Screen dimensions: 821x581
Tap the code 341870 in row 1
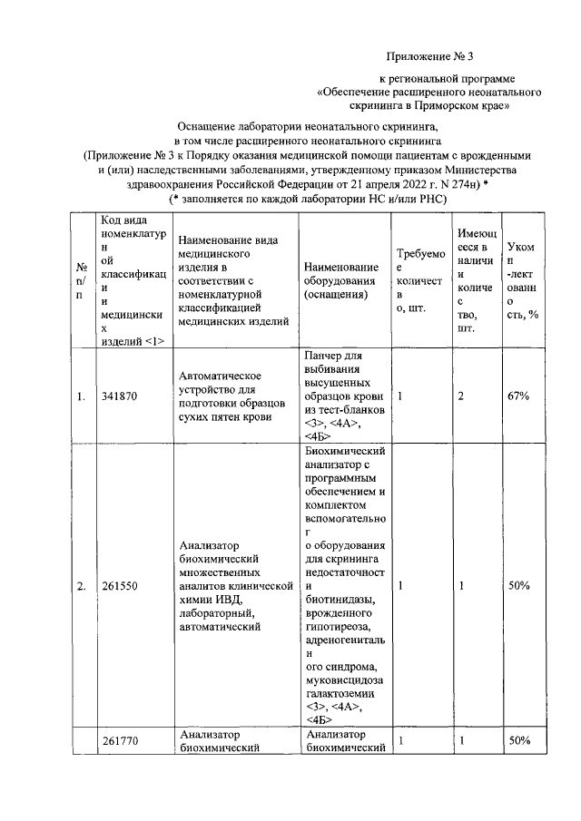point(121,396)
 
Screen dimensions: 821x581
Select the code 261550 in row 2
point(121,586)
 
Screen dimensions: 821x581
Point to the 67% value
point(519,396)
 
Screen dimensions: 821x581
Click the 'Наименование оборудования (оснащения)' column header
point(341,280)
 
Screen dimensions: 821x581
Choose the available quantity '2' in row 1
point(461,396)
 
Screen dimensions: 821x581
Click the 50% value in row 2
point(519,586)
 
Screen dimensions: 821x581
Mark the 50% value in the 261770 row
point(519,741)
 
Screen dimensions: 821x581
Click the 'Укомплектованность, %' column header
point(521,280)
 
